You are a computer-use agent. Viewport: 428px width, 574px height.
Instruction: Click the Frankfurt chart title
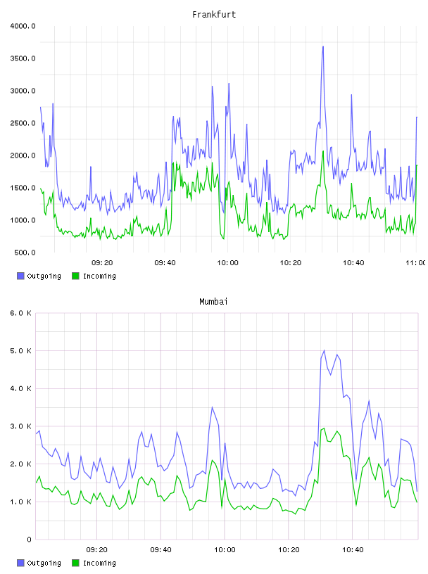tap(214, 15)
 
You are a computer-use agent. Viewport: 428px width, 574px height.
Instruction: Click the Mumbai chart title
tap(213, 302)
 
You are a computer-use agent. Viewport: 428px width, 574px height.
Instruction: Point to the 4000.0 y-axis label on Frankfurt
tap(23, 26)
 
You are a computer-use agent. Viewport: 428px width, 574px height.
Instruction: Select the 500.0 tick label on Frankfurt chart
tap(25, 253)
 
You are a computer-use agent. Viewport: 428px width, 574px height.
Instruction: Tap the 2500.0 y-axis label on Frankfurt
tap(23, 123)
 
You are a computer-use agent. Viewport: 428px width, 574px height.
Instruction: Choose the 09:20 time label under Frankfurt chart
tap(102, 263)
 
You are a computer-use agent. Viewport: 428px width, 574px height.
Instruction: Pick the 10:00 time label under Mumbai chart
tap(225, 550)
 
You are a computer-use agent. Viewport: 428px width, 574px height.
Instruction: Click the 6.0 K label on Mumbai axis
tap(20, 313)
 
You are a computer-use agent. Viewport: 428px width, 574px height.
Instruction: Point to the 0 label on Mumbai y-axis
tap(29, 540)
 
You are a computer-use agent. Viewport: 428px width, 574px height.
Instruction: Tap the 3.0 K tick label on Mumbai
tap(20, 426)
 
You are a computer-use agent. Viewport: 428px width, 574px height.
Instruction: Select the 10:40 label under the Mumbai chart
tap(353, 550)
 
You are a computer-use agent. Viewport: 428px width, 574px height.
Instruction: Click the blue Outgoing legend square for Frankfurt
tap(20, 276)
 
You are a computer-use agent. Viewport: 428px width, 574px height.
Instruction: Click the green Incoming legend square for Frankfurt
tap(75, 276)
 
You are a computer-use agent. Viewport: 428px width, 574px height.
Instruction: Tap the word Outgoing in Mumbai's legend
tap(44, 563)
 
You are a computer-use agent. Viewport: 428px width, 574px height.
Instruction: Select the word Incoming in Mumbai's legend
tap(99, 563)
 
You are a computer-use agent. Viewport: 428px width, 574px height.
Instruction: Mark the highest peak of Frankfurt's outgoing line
tap(323, 46)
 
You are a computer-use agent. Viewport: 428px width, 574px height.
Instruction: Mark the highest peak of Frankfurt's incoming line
tap(323, 151)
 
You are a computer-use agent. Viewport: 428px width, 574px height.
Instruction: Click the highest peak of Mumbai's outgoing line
tap(324, 350)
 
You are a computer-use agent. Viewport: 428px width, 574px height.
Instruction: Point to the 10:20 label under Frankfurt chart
tap(290, 263)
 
